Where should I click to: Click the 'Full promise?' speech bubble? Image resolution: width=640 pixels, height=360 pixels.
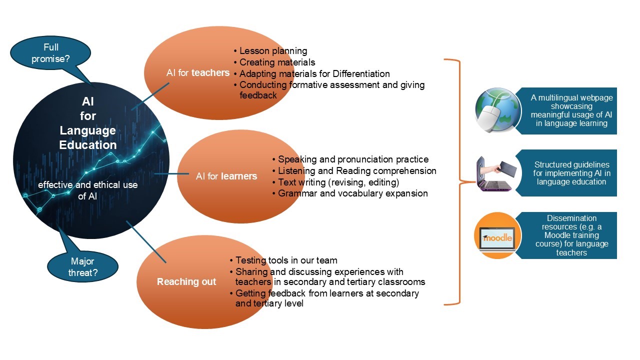(50, 53)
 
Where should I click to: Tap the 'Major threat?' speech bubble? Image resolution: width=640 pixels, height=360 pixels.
(82, 266)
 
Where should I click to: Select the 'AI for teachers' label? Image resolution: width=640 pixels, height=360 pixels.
(198, 73)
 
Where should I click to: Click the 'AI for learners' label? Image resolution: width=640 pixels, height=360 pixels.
(226, 176)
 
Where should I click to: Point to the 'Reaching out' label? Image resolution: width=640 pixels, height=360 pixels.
(186, 281)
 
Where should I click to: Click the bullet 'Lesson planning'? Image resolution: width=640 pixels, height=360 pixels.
(270, 51)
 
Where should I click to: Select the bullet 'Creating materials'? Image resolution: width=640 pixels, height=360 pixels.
(274, 62)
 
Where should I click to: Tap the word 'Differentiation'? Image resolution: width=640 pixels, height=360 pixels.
(361, 73)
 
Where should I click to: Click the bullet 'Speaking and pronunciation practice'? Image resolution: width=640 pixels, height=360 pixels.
(350, 159)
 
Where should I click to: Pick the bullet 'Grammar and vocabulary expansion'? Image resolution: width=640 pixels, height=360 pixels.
(350, 193)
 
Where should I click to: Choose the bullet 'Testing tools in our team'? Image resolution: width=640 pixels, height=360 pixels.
(283, 260)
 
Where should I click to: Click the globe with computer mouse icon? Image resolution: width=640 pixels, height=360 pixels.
(497, 110)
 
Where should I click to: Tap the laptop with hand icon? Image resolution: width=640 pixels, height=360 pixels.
(496, 173)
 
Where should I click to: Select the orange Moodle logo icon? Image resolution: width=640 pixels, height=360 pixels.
(497, 235)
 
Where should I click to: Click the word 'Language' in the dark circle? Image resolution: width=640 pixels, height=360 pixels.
(87, 130)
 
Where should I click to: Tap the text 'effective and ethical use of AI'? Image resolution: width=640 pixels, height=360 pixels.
(87, 190)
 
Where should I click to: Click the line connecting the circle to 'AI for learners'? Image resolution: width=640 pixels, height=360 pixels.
(171, 173)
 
